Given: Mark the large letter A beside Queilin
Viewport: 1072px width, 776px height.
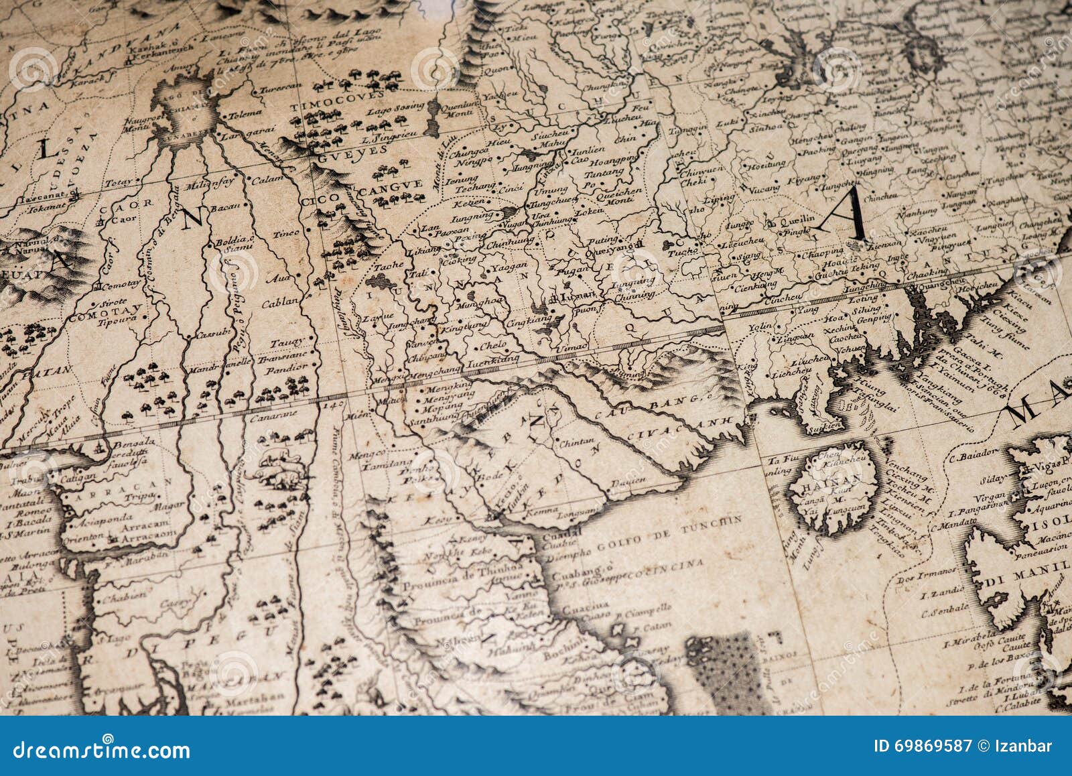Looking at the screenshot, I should (846, 216).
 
